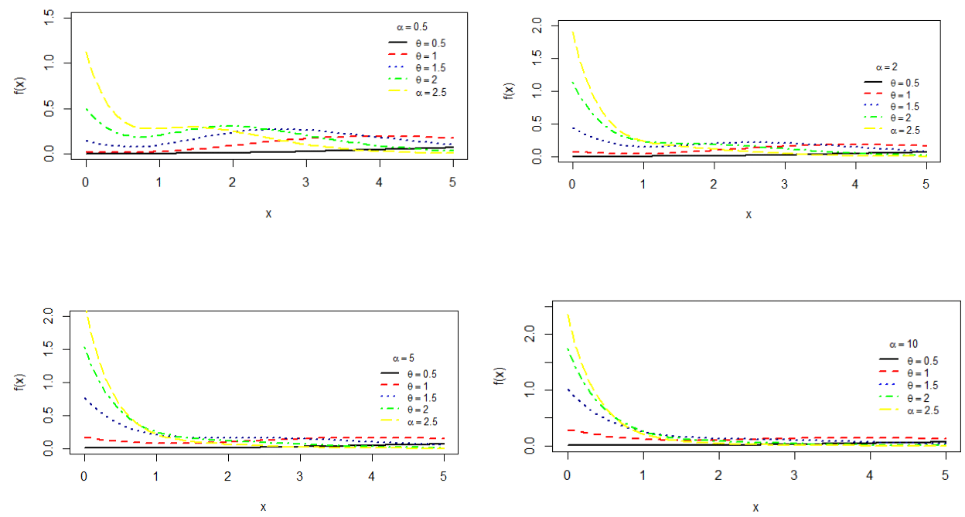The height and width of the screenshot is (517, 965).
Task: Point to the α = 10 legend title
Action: point(902,344)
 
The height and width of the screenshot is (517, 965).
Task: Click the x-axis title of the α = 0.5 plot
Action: point(268,213)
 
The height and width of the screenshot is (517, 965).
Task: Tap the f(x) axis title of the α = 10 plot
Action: point(500,376)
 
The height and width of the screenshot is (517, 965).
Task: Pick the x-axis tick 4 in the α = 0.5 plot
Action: point(379,182)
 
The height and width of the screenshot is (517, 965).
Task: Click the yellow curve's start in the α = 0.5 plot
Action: point(86,53)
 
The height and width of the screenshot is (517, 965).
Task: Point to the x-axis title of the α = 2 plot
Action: point(748,214)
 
